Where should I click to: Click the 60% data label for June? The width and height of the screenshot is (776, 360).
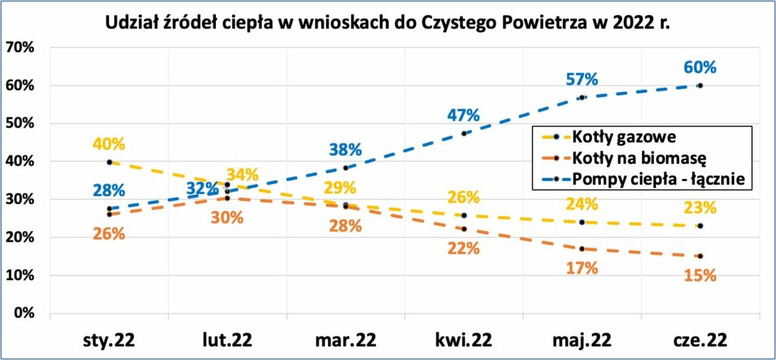(x=700, y=67)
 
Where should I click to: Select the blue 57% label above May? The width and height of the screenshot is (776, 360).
(x=583, y=80)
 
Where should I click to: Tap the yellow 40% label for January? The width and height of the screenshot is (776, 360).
(x=109, y=144)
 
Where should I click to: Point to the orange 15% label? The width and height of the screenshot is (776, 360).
(x=700, y=275)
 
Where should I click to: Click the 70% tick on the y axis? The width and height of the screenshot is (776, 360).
(x=19, y=48)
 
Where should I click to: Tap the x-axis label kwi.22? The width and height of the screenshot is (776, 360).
(x=463, y=340)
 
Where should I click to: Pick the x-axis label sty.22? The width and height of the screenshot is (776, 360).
(x=109, y=340)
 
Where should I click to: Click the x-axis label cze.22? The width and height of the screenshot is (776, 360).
(x=699, y=340)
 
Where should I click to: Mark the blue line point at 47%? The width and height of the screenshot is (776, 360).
(x=464, y=133)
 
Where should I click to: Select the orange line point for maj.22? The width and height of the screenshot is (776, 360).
(x=582, y=249)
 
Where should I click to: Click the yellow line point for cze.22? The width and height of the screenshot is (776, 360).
(x=699, y=226)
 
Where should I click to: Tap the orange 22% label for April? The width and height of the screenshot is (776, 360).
(x=463, y=249)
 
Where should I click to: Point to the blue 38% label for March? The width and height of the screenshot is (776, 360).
(x=346, y=149)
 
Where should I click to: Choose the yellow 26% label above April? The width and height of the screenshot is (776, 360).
(x=463, y=197)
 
